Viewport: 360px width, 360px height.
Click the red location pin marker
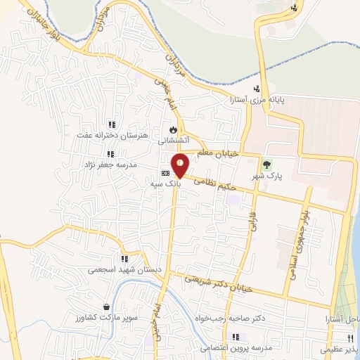[181, 165]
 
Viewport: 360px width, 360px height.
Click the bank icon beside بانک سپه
[165, 173]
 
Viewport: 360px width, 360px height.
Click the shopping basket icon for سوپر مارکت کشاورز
[106, 307]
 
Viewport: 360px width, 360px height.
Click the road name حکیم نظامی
[211, 185]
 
